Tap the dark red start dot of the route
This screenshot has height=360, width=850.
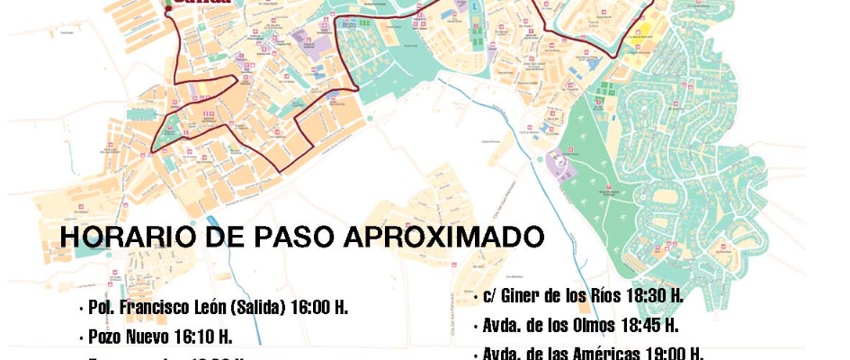[167, 8]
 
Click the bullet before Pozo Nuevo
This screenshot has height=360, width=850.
[82, 338]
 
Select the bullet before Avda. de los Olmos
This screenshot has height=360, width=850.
[475, 326]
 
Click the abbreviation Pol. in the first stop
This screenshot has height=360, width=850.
[100, 308]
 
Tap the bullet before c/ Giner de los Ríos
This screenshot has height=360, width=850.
[475, 297]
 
